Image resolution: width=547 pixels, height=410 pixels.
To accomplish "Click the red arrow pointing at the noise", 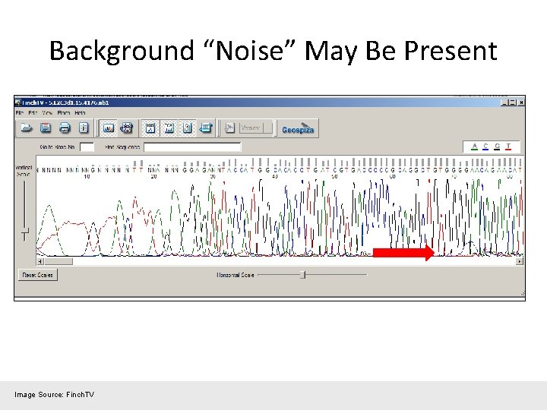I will pyautogui.click(x=403, y=252).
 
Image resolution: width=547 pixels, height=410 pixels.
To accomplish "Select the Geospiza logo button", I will pyautogui.click(x=297, y=128).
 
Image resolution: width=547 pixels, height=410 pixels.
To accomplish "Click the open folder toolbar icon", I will pyautogui.click(x=27, y=128).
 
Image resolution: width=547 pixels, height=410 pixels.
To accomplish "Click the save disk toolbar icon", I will pyautogui.click(x=46, y=128).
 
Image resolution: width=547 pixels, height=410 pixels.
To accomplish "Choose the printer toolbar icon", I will pyautogui.click(x=65, y=128).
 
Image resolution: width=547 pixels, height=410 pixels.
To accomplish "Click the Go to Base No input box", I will pyautogui.click(x=87, y=147).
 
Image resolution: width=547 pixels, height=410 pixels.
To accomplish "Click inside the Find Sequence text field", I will pyautogui.click(x=192, y=147).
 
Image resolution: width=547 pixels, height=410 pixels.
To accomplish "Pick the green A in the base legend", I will pyautogui.click(x=475, y=147).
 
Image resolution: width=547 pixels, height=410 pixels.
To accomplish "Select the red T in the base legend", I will pyautogui.click(x=507, y=147).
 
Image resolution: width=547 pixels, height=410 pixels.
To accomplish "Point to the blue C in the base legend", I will pyautogui.click(x=486, y=147).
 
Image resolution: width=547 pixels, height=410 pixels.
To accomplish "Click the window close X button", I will pyautogui.click(x=520, y=102).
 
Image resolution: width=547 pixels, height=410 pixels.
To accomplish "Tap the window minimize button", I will pyautogui.click(x=503, y=102).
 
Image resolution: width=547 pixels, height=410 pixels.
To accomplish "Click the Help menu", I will pyautogui.click(x=80, y=113).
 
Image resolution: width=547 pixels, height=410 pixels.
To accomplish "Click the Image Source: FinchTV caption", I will pyautogui.click(x=54, y=394).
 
